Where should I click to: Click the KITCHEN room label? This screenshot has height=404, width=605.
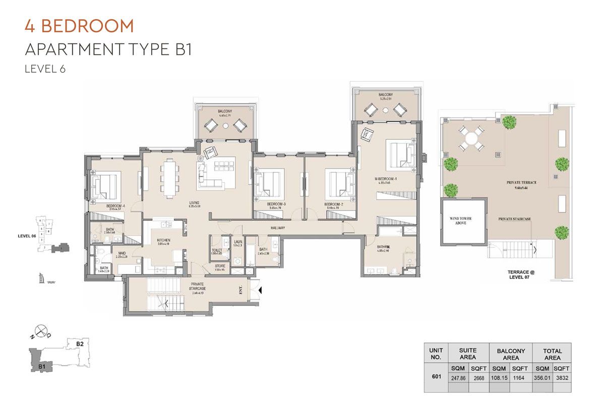[x=163, y=240]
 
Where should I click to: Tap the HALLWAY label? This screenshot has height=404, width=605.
[x=278, y=228]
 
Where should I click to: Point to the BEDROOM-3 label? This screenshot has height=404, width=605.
[x=277, y=204]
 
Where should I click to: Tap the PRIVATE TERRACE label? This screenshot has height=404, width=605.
[x=522, y=182]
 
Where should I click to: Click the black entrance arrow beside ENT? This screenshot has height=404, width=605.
[x=260, y=290]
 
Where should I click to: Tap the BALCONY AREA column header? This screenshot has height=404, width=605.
[x=511, y=353]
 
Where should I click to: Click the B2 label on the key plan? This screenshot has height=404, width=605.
[x=79, y=344]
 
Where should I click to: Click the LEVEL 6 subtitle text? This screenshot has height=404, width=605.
[x=45, y=69]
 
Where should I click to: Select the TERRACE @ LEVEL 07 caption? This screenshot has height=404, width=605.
[x=521, y=274]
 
